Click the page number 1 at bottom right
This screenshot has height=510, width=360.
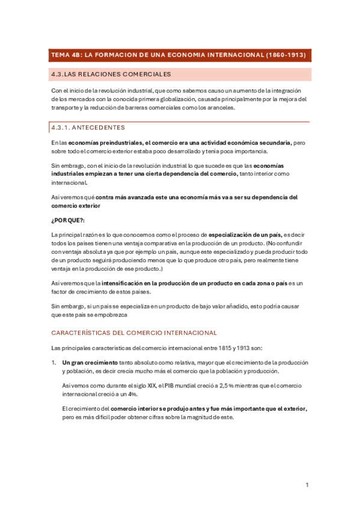pos(307,485)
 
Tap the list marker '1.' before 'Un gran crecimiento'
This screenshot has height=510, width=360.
pos(54,363)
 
